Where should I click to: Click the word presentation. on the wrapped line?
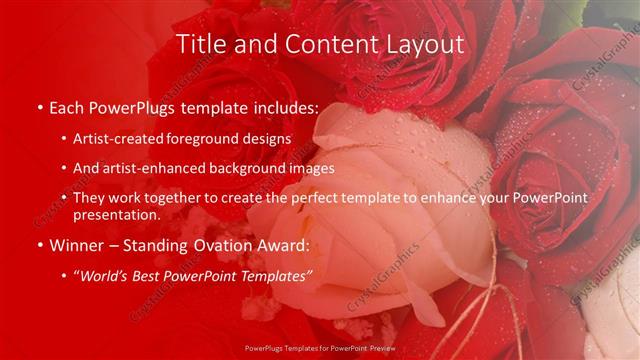click(116, 215)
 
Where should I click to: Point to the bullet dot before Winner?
click(39, 244)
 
